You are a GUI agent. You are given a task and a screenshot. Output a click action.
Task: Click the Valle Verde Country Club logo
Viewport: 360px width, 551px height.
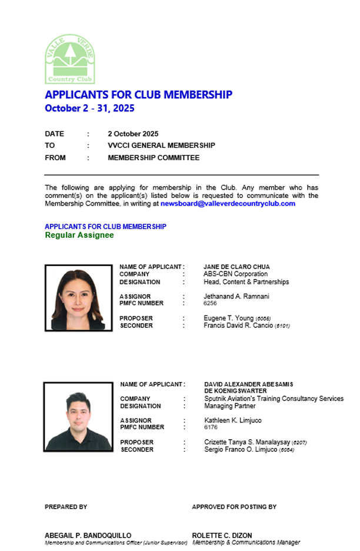tap(70, 59)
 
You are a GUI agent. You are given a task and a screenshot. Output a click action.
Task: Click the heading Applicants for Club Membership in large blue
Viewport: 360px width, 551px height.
tap(138, 95)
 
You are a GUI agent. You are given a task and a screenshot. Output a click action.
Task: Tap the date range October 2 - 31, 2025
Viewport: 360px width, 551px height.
tap(89, 108)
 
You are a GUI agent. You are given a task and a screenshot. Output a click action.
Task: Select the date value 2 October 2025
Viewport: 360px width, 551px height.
tap(133, 134)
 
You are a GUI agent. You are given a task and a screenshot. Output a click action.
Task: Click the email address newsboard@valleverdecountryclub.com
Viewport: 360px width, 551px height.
tap(228, 204)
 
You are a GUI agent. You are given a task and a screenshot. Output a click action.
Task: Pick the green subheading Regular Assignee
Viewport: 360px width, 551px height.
tap(79, 235)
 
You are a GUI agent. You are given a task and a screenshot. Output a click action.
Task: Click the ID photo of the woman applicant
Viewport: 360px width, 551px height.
tap(78, 297)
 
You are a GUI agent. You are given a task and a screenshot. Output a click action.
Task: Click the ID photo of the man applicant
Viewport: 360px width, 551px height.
tap(78, 417)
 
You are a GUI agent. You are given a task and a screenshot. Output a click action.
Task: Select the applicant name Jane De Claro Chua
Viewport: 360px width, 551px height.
tap(236, 267)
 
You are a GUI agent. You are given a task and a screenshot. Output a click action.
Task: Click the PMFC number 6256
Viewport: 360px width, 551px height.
tap(210, 304)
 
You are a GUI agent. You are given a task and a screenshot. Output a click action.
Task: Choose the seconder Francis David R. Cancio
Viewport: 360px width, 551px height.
tap(238, 326)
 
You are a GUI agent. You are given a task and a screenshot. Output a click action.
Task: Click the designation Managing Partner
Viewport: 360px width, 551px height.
tap(229, 406)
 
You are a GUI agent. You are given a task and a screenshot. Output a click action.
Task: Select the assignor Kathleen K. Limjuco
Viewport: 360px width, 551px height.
tap(233, 420)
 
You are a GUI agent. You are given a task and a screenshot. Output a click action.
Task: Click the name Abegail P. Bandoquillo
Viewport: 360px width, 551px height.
tap(88, 536)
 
